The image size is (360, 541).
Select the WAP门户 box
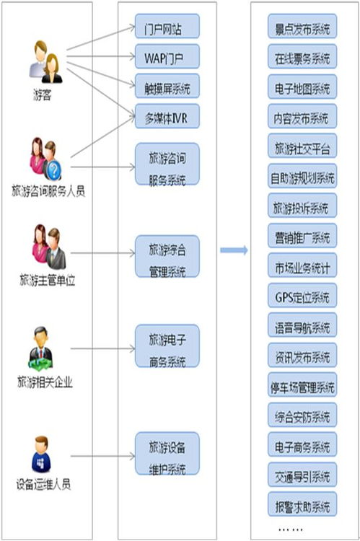coord(167,56)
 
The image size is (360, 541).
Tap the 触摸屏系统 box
coord(167,87)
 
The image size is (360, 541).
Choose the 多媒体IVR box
coord(167,115)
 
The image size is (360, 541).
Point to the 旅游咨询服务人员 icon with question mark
coord(44,159)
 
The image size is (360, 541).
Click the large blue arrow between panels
coord(234,250)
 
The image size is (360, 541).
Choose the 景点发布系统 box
coord(302,28)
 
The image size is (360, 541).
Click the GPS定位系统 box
coord(302,296)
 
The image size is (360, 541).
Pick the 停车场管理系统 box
coord(302,386)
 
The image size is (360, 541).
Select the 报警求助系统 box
coord(302,504)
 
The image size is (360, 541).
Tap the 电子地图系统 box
coord(302,88)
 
